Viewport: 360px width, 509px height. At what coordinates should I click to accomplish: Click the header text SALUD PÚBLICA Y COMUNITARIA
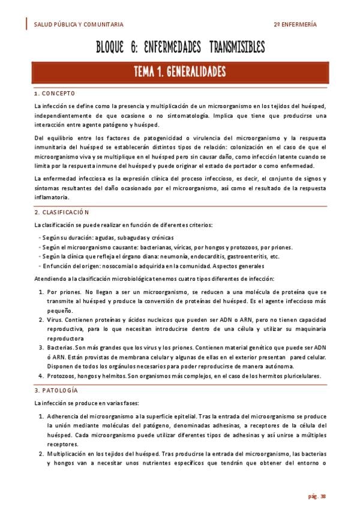(79, 25)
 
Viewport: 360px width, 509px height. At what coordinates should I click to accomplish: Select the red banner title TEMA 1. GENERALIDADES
(180, 73)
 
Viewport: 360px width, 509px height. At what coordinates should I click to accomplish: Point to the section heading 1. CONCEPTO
(55, 94)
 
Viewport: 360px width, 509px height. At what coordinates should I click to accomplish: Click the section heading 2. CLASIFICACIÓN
(62, 212)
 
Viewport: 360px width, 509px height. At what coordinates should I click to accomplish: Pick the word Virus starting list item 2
(56, 321)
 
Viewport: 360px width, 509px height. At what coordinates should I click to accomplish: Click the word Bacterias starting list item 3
(61, 348)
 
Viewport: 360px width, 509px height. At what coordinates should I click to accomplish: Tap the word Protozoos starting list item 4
(63, 376)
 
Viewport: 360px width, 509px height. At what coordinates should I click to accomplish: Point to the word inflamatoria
(52, 197)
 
